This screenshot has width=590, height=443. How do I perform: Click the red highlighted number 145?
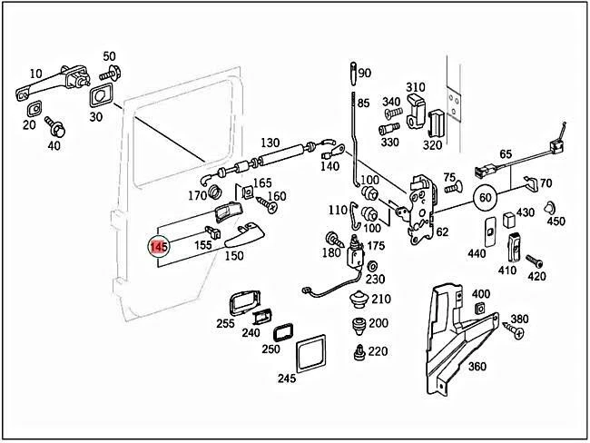pyautogui.click(x=159, y=246)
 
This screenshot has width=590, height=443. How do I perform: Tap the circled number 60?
pyautogui.click(x=486, y=196)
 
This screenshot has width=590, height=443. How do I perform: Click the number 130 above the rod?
pyautogui.click(x=270, y=143)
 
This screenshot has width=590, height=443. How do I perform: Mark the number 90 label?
pyautogui.click(x=365, y=74)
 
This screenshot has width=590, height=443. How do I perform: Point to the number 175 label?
pyautogui.click(x=376, y=246)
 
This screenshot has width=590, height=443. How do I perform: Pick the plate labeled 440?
pyautogui.click(x=488, y=231)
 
